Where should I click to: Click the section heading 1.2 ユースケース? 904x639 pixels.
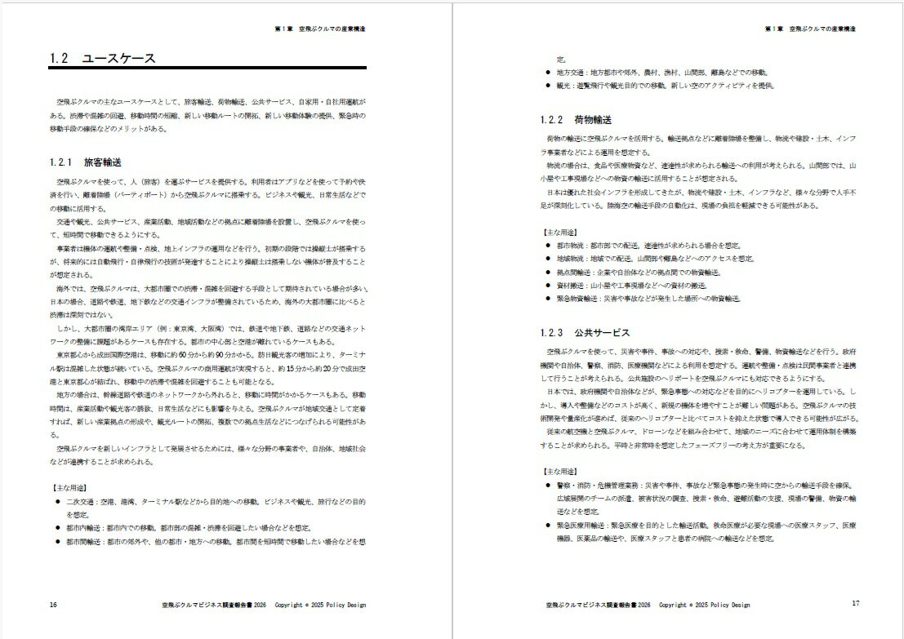coord(102,59)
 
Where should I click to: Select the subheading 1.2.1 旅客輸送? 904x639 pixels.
coord(86,162)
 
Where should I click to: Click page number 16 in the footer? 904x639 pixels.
coord(53,605)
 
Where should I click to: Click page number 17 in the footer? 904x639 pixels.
coord(856,604)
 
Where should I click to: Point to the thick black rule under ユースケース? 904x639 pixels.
coord(207,69)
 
